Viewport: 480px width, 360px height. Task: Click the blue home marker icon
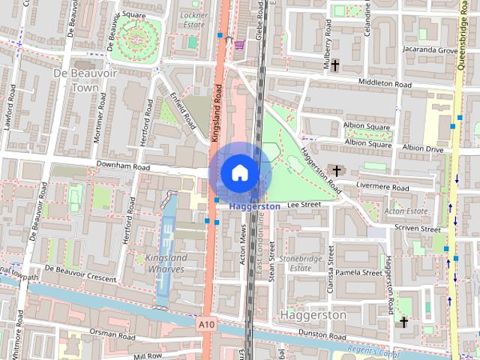239,172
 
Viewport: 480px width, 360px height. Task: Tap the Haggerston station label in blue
255,206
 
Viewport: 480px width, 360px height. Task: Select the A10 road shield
208,325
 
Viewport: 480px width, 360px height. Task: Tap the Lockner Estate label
193,19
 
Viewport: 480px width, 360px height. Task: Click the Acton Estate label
405,211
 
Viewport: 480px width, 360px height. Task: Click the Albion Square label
367,127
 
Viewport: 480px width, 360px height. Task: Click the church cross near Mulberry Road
335,65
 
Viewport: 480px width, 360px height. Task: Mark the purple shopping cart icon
238,44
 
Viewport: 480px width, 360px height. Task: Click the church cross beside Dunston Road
403,322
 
